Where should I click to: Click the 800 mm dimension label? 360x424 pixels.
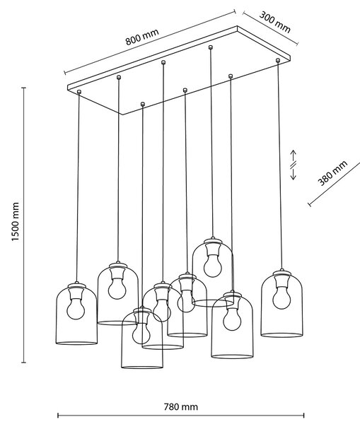(142, 37)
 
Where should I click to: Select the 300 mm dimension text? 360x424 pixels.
(274, 22)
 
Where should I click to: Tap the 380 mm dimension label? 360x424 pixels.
(332, 173)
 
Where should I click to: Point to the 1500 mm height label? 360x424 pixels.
(16, 222)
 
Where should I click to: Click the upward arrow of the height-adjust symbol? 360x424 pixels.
(294, 155)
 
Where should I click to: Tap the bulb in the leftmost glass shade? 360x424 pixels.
(76, 310)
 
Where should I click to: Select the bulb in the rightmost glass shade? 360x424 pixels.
(281, 299)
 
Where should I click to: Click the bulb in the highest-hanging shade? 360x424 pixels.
(212, 267)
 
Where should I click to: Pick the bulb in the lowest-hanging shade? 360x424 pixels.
(141, 334)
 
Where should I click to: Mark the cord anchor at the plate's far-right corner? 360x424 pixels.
(278, 60)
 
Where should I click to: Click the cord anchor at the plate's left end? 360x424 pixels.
(79, 92)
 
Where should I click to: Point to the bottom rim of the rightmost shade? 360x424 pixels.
(281, 335)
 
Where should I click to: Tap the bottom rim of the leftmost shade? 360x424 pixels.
(76, 343)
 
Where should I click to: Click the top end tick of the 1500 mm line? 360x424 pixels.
(24, 88)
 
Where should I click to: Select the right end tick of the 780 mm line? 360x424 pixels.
(304, 416)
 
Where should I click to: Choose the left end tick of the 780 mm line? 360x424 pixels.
(58, 416)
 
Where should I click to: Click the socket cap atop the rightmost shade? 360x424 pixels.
(281, 273)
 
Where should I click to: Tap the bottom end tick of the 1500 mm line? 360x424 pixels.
(24, 363)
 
